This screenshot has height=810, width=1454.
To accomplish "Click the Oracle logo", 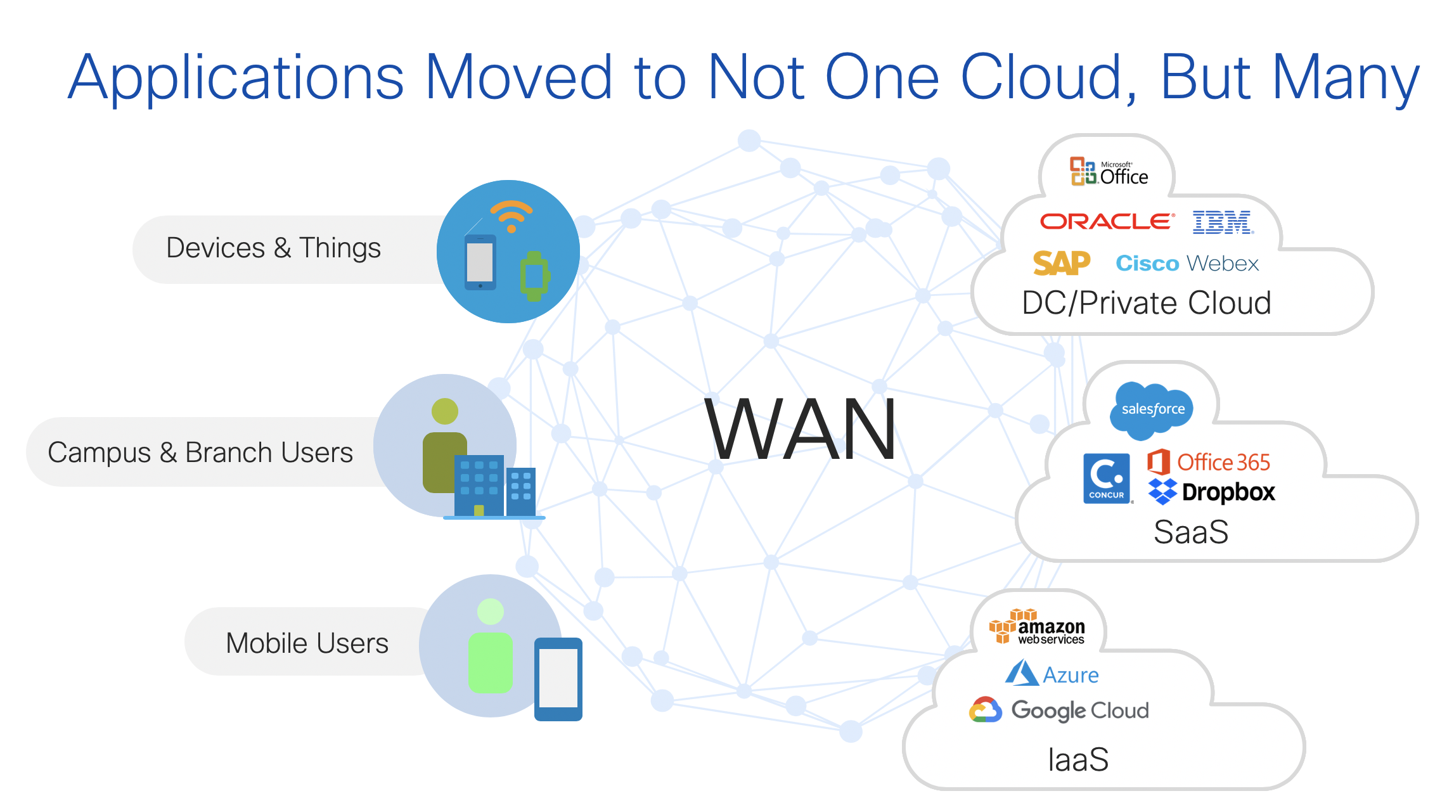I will tap(1107, 221).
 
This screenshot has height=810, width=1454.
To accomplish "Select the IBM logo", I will tap(1223, 222).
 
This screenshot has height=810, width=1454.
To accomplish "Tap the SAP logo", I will tap(1061, 263).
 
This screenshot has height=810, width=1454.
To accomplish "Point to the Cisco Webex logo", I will tap(1187, 263).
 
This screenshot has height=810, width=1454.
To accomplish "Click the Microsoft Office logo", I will tap(1109, 172).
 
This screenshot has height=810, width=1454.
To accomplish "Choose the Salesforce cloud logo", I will tap(1152, 409).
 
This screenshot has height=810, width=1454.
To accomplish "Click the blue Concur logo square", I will tap(1107, 479).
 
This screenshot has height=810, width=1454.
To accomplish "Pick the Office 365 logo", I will tap(1209, 462).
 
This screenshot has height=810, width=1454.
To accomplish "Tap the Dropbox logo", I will tap(1212, 492).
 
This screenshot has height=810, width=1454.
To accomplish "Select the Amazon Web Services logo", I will tap(1038, 627).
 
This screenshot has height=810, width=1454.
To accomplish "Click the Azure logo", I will tap(1052, 674).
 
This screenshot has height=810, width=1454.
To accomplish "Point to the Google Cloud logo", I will tap(1059, 710).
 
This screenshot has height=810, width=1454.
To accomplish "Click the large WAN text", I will tap(801, 429).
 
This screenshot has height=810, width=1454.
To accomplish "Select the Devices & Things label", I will tap(273, 248).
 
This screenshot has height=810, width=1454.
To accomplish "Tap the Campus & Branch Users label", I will tap(200, 453).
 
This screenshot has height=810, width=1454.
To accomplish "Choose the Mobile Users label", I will tap(307, 643).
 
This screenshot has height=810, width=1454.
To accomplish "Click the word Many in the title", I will tap(1345, 79).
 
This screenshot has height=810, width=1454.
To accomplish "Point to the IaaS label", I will tap(1078, 759).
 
